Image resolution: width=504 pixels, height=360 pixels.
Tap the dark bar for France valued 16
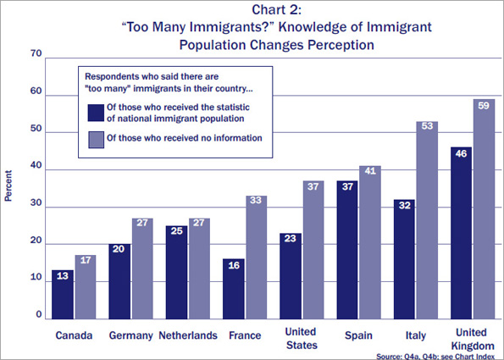click(234, 288)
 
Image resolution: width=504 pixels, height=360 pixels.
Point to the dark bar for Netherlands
click(176, 271)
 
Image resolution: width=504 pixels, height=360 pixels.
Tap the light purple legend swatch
click(95, 137)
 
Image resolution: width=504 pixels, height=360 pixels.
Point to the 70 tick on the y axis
click(36, 54)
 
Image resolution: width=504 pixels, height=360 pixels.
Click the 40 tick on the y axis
click(36, 170)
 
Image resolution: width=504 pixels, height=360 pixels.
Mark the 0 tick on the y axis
click(39, 315)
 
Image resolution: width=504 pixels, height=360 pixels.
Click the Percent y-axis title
click(9, 186)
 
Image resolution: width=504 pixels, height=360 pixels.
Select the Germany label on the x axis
click(130, 335)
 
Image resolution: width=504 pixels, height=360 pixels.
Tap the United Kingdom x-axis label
click(473, 340)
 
